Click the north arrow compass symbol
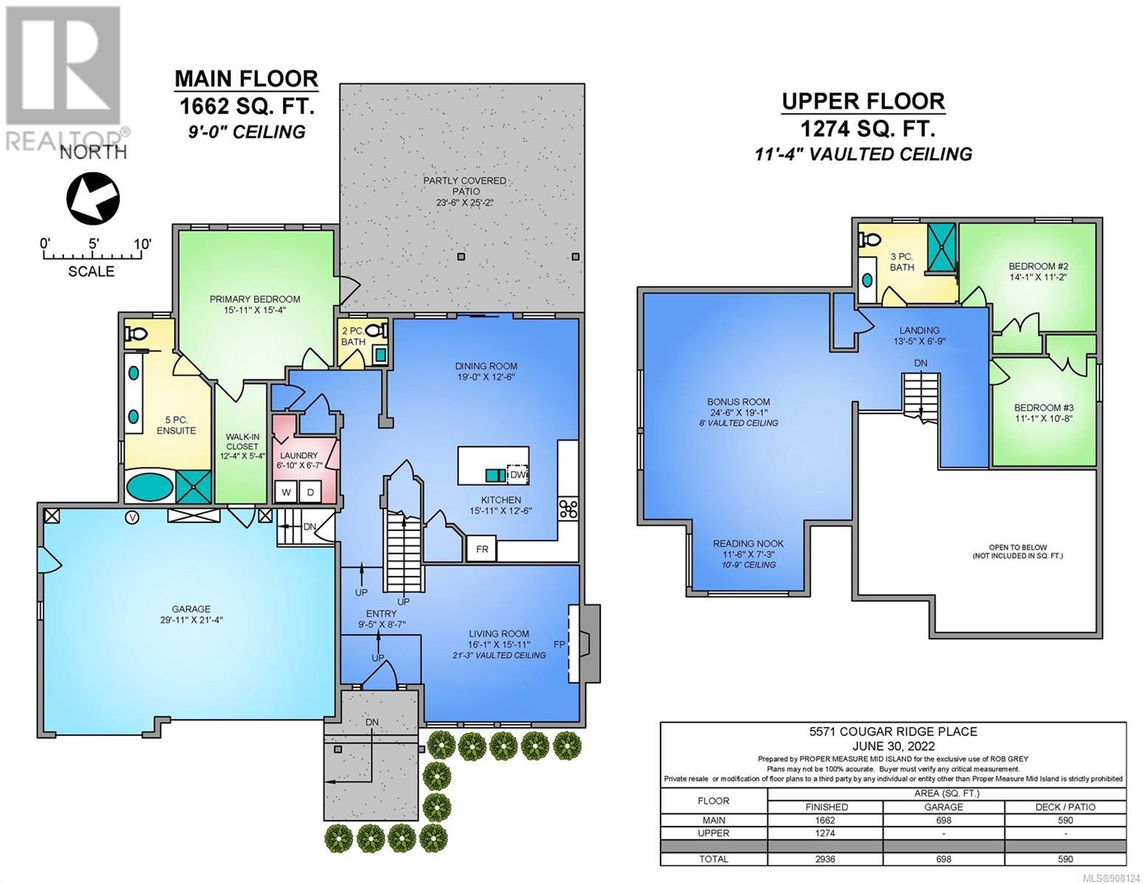pyautogui.click(x=93, y=199)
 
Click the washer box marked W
pyautogui.click(x=287, y=492)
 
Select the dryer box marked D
pyautogui.click(x=311, y=492)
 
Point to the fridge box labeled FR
pyautogui.click(x=482, y=549)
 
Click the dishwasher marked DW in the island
pyautogui.click(x=517, y=475)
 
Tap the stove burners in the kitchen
pyautogui.click(x=569, y=509)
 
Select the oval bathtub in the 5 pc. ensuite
pyautogui.click(x=150, y=487)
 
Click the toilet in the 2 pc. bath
pyautogui.click(x=376, y=331)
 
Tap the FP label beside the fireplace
pyautogui.click(x=559, y=644)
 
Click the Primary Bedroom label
pyautogui.click(x=255, y=299)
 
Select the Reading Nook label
pyautogui.click(x=748, y=544)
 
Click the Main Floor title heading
pyautogui.click(x=246, y=78)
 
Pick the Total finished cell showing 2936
pyautogui.click(x=825, y=859)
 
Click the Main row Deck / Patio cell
pyautogui.click(x=1065, y=820)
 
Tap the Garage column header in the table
pyautogui.click(x=944, y=807)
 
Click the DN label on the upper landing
pyautogui.click(x=921, y=362)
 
